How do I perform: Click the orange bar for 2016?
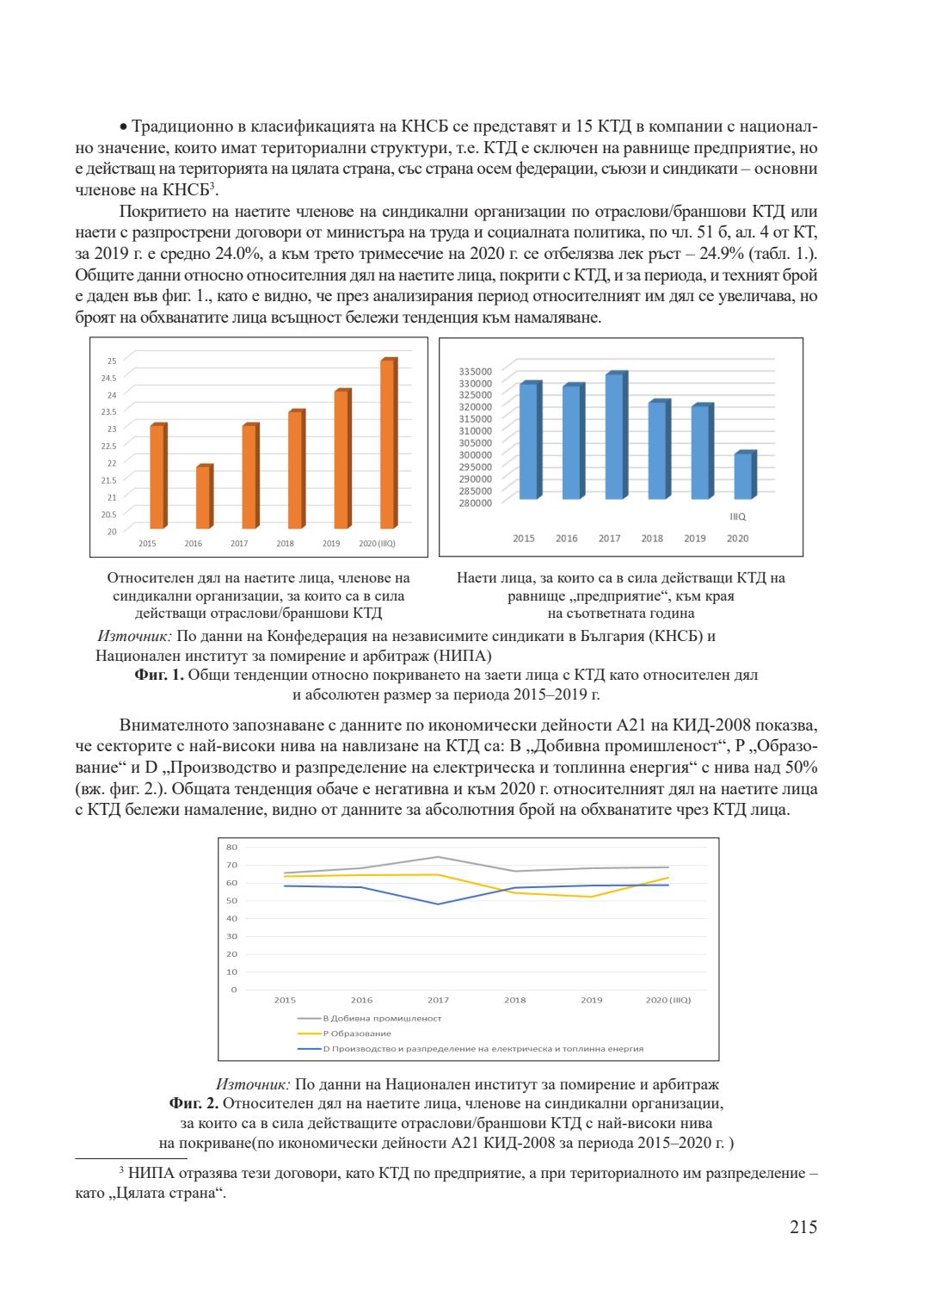click(203, 497)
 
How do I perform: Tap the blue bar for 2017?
click(614, 436)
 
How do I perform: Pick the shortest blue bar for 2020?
click(743, 476)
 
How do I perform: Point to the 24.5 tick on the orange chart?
click(109, 378)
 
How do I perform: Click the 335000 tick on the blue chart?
click(476, 372)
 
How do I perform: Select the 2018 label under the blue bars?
click(652, 539)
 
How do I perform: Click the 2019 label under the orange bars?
click(331, 544)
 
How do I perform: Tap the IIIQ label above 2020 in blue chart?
click(738, 517)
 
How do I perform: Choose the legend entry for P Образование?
click(356, 1033)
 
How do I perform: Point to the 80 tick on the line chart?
click(232, 848)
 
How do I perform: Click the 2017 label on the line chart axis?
click(438, 1000)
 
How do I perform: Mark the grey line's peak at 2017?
click(438, 857)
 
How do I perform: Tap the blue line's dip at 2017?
click(438, 904)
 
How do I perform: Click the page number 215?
click(803, 1227)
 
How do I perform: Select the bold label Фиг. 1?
click(159, 675)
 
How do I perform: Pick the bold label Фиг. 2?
click(194, 1103)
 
